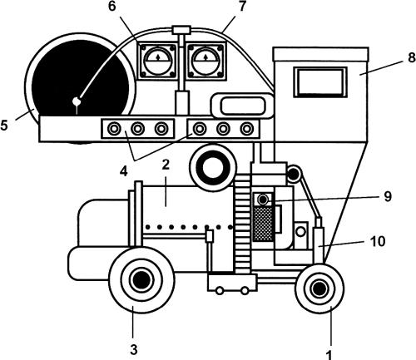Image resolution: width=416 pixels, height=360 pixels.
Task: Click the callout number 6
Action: pyautogui.click(x=111, y=7)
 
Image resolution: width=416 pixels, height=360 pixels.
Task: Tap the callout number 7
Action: pyautogui.click(x=242, y=7)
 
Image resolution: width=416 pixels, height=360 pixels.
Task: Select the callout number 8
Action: pyautogui.click(x=412, y=57)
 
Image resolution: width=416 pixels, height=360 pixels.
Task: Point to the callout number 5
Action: pyautogui.click(x=4, y=126)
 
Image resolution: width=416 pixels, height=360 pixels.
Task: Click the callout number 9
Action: pyautogui.click(x=388, y=196)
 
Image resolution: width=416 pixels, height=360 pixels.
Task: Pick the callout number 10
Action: pyautogui.click(x=378, y=241)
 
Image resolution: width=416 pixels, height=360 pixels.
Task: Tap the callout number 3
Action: pyautogui.click(x=134, y=350)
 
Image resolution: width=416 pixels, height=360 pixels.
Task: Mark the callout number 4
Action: pyautogui.click(x=124, y=171)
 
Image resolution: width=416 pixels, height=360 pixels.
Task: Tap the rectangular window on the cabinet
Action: pyautogui.click(x=320, y=82)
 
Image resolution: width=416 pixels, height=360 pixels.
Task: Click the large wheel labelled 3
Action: pyautogui.click(x=141, y=280)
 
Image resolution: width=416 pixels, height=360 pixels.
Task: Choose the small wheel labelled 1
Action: pyautogui.click(x=319, y=288)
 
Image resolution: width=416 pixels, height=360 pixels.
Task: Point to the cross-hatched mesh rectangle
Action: pyautogui.click(x=263, y=224)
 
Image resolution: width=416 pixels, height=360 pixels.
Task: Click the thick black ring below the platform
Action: pyautogui.click(x=213, y=168)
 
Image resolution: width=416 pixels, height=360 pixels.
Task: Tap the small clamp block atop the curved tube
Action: pyautogui.click(x=181, y=30)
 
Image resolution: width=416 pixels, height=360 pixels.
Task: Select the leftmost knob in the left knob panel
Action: pyautogui.click(x=114, y=129)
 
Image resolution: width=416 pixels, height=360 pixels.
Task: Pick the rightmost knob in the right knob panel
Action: pyautogui.click(x=247, y=129)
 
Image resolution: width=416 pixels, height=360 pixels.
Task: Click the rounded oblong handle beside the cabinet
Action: pyautogui.click(x=243, y=106)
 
